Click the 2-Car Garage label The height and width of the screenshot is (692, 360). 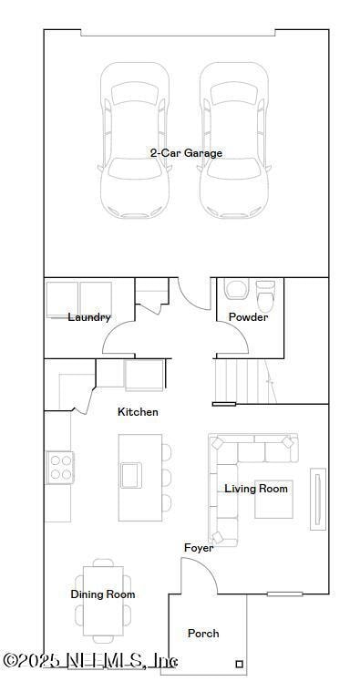[x=186, y=153]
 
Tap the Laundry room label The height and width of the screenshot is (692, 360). [x=89, y=317]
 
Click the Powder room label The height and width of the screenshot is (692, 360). [x=248, y=317]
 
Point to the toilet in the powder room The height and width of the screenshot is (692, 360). [x=265, y=295]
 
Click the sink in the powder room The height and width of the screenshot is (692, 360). [x=235, y=290]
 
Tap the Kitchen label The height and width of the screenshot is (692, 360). [x=138, y=412]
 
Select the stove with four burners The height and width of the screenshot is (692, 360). [x=60, y=468]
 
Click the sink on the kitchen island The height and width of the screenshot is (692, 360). [x=131, y=474]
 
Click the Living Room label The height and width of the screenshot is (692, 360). [x=256, y=489]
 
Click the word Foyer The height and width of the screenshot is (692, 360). [x=199, y=548]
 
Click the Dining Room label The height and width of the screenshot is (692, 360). [x=103, y=594]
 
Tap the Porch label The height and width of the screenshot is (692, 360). [x=203, y=633]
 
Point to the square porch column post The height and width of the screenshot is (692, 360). [x=240, y=664]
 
